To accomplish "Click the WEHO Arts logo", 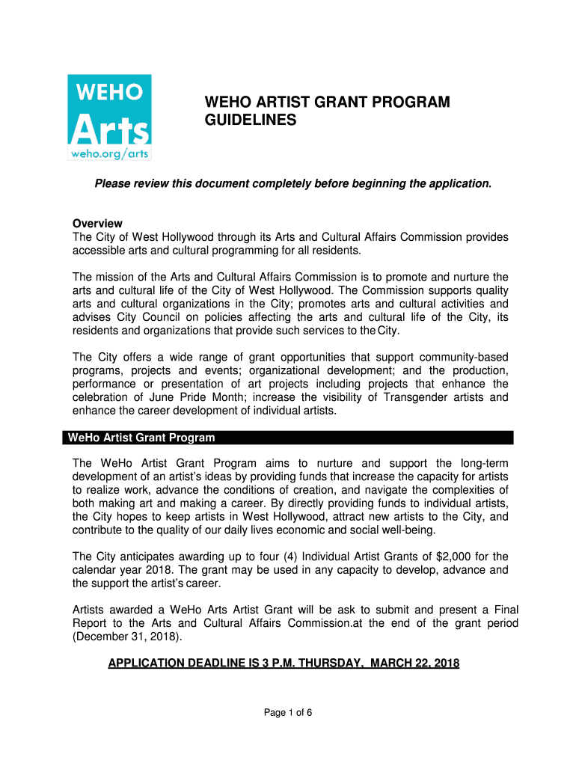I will tap(109, 117).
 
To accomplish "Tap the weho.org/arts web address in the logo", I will tap(109, 153).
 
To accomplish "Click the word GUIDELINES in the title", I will tap(251, 120).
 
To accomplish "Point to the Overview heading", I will tap(97, 224).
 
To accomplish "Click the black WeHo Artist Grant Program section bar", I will tap(288, 438).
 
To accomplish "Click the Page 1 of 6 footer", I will tap(288, 712).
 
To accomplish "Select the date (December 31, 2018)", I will tap(126, 637).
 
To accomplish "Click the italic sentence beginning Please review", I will tap(292, 183).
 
